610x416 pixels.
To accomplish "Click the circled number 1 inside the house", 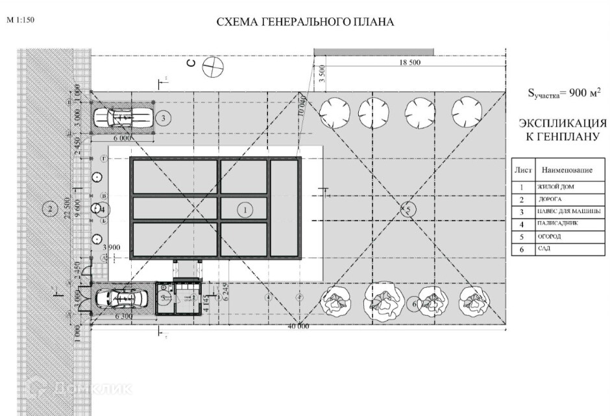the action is [x=245, y=209].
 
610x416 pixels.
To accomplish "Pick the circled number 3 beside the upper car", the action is [x=164, y=117].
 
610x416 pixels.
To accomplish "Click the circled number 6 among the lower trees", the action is [x=415, y=303].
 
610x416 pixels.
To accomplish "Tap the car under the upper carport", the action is [x=123, y=117].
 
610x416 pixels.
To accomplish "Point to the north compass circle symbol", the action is [x=212, y=66].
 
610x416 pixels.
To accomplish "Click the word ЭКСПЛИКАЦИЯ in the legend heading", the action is [x=563, y=123].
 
